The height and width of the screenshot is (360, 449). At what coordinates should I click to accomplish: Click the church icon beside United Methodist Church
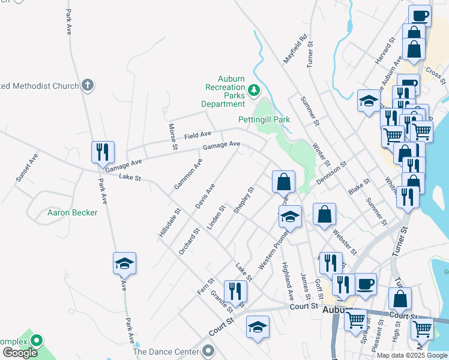88,85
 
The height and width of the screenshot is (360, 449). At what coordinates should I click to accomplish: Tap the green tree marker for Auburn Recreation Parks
254,91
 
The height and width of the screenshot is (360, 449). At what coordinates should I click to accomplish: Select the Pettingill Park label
264,119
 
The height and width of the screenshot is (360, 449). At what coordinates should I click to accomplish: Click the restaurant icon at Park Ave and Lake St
102,152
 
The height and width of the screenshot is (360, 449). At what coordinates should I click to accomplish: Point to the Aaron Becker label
72,212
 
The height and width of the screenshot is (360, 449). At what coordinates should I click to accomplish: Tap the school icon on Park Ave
124,263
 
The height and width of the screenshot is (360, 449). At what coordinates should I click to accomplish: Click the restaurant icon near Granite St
235,291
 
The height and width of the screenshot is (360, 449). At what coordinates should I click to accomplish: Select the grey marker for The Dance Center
208,350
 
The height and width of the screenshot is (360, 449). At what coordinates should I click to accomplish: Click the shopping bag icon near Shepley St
283,181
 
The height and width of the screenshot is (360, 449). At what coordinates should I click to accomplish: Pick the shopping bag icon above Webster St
324,214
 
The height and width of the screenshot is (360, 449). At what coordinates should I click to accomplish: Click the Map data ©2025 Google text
412,355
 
